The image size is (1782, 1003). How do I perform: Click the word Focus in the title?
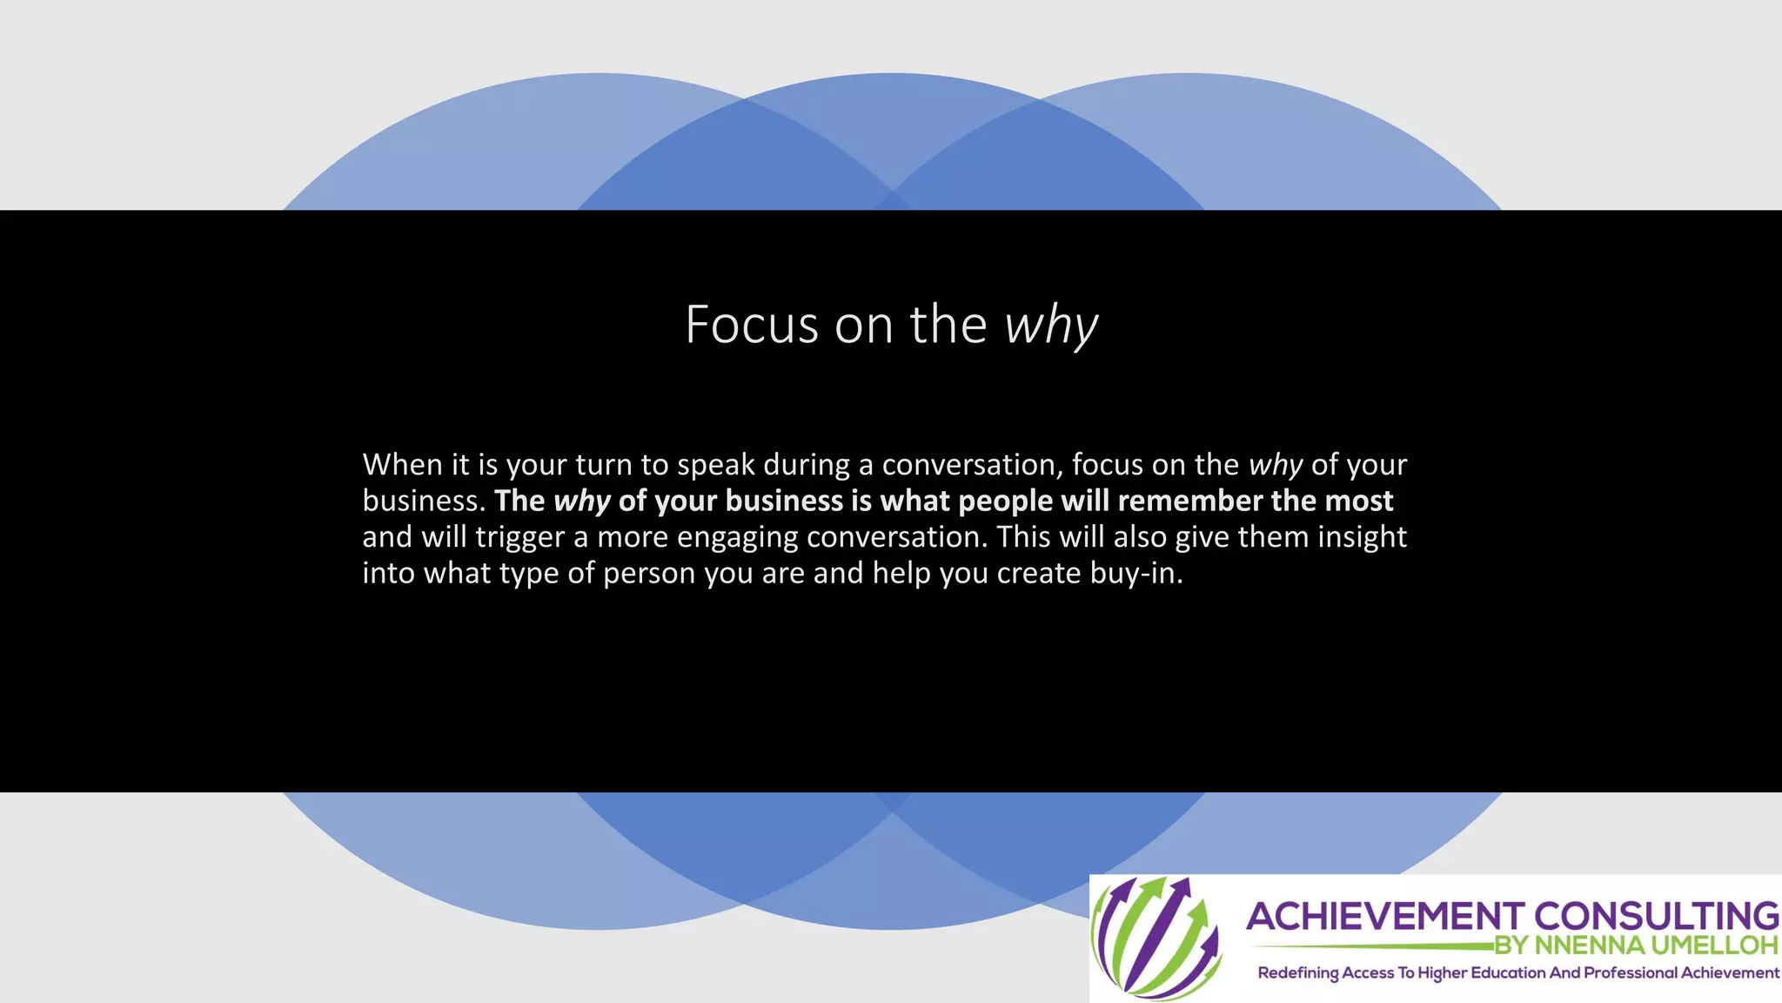click(751, 325)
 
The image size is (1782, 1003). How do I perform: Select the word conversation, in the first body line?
click(973, 465)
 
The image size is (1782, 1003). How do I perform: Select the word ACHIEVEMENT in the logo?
click(1384, 917)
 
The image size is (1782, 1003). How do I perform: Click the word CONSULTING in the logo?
click(1656, 917)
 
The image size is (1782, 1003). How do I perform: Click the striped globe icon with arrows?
click(1156, 937)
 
